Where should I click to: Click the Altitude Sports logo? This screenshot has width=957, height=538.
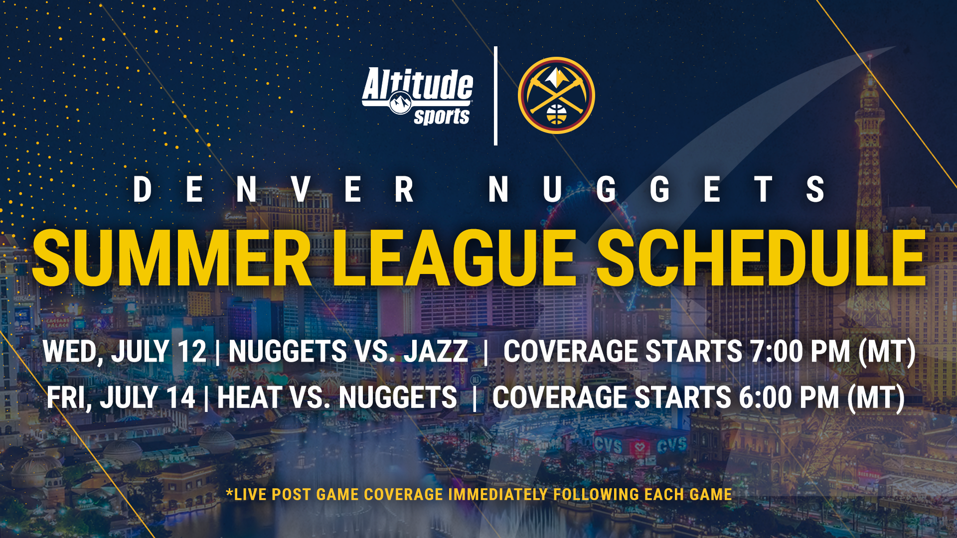tap(418, 96)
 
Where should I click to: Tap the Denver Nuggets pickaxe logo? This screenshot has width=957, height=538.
tap(556, 95)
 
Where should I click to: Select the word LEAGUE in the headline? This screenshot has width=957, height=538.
tap(454, 259)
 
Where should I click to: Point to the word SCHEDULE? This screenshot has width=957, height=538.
tap(761, 259)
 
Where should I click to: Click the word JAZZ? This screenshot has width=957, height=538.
tap(436, 351)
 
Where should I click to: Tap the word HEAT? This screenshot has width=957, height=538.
tap(249, 398)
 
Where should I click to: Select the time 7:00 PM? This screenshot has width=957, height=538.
tap(800, 351)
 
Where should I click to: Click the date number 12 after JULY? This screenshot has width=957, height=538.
tap(192, 351)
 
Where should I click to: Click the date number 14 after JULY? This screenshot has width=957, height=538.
tap(180, 398)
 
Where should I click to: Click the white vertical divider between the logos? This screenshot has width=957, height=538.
tap(495, 96)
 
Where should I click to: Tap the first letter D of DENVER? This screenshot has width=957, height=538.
tap(142, 190)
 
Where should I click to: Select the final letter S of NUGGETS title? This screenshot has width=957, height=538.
tap(815, 190)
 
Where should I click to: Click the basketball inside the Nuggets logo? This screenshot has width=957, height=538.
tap(556, 114)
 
